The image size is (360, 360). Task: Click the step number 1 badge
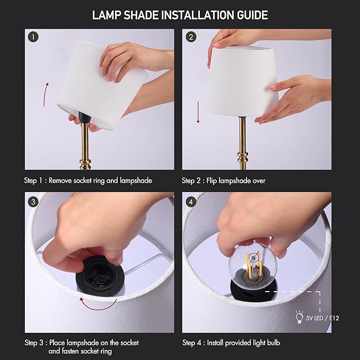tap(34, 38)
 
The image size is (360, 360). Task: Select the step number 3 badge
tap(34, 201)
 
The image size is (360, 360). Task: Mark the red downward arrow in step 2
tap(198, 113)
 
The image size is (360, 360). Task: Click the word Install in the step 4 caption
tap(221, 343)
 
